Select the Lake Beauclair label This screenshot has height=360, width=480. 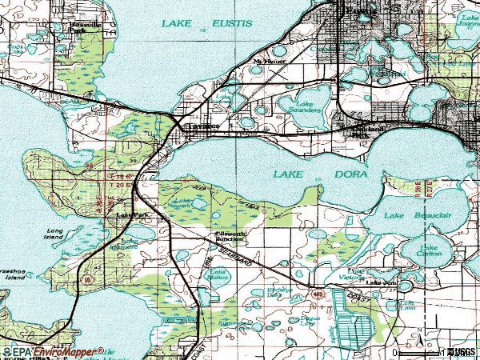[413, 216]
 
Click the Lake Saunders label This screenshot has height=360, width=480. [308, 106]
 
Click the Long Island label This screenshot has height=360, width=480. [54, 234]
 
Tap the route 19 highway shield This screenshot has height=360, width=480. [86, 280]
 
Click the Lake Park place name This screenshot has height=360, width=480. [133, 215]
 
